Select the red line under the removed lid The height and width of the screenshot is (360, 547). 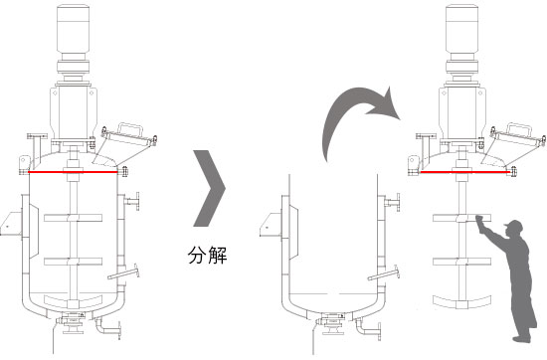pos(462,172)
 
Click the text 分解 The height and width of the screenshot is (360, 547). pos(210,256)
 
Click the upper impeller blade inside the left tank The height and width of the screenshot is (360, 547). pos(75,218)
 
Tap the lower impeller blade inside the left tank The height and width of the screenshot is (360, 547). pos(75,262)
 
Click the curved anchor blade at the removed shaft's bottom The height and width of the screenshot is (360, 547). pos(462,301)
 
